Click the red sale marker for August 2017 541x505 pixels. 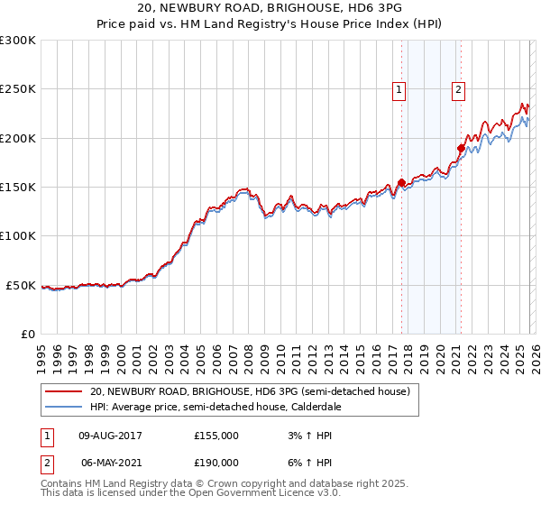click(401, 182)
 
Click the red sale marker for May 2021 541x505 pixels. click(461, 148)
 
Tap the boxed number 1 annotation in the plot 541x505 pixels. click(399, 89)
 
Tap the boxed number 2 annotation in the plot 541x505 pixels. click(459, 89)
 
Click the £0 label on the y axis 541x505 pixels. click(26, 334)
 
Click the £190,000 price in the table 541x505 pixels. click(216, 461)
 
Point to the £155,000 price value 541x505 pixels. click(216, 436)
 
